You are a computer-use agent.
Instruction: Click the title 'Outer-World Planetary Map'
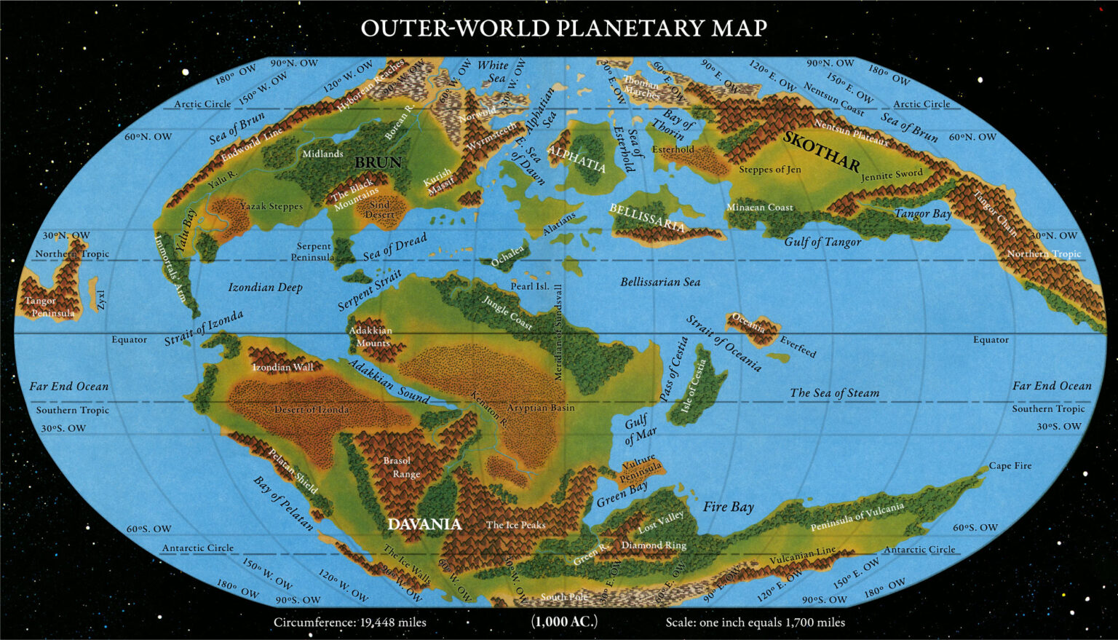click(x=564, y=28)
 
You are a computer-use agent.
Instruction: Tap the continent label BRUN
click(x=378, y=162)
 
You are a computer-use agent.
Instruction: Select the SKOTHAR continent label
click(x=821, y=150)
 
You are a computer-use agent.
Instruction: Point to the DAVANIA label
click(x=424, y=524)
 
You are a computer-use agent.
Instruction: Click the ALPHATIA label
click(x=576, y=159)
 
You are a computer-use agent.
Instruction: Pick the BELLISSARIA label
click(x=646, y=217)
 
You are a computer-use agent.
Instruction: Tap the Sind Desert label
click(x=379, y=210)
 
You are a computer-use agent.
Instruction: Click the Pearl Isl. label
click(x=529, y=286)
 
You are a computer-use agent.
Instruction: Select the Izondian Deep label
click(x=265, y=288)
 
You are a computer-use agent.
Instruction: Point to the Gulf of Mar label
click(x=638, y=430)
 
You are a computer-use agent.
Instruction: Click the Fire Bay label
click(x=728, y=507)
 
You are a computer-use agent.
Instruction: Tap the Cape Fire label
click(x=1010, y=466)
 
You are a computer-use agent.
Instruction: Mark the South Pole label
click(x=563, y=597)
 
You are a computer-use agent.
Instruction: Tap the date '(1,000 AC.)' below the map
click(x=564, y=622)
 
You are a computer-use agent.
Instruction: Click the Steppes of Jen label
click(x=769, y=170)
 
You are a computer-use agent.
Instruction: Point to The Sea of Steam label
click(x=834, y=393)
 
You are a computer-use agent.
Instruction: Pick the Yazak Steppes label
click(x=271, y=206)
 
